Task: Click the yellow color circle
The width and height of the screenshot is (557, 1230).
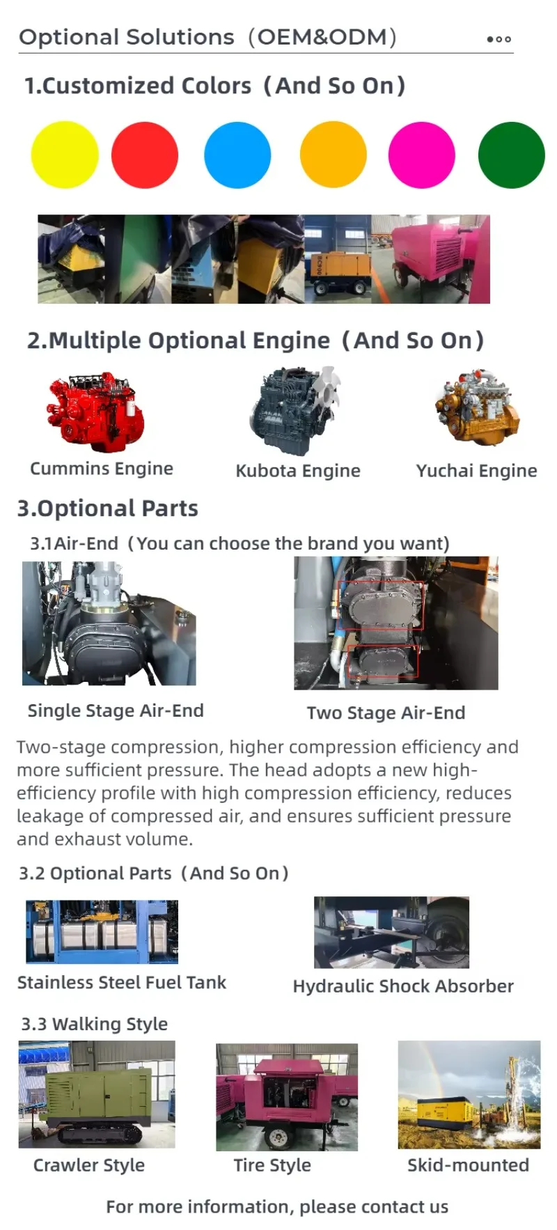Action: click(65, 155)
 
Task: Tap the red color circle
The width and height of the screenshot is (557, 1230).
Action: click(145, 155)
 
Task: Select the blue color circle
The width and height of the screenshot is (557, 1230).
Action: click(237, 155)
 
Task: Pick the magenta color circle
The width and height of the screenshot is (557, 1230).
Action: click(421, 155)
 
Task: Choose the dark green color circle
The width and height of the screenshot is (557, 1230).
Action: click(512, 155)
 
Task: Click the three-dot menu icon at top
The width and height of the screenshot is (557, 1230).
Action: click(499, 39)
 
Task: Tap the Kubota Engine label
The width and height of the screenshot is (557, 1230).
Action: click(298, 471)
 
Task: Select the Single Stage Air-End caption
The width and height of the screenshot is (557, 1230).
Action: click(116, 710)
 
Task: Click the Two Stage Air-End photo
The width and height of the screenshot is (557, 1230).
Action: click(395, 623)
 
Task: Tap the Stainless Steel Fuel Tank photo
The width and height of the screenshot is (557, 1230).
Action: click(102, 931)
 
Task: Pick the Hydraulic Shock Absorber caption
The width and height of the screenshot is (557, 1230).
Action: click(403, 986)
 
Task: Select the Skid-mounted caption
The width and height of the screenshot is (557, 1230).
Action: click(468, 1165)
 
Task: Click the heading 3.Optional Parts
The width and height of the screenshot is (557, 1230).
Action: click(107, 508)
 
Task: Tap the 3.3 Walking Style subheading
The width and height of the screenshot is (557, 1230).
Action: click(94, 1024)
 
